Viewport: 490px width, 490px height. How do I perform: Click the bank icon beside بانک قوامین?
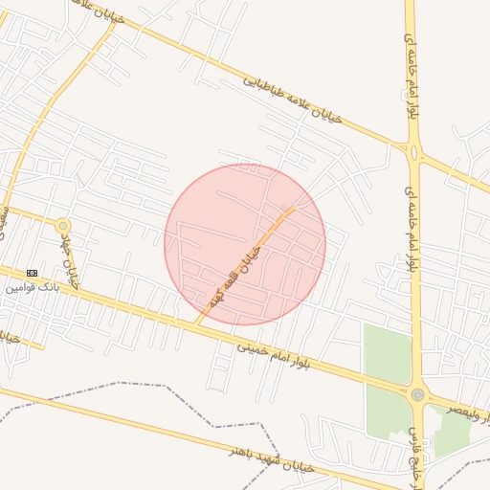coord(33,273)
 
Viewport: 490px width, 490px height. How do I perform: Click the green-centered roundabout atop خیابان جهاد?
coord(63,226)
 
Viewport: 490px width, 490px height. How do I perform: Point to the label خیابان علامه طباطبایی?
coord(291,102)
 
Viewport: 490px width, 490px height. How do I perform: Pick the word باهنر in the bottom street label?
coord(238,452)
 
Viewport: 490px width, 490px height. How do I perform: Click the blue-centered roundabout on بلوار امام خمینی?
coord(417,394)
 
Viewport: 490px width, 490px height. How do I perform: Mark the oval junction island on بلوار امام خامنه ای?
coord(414,151)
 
